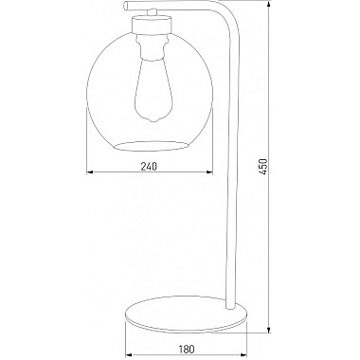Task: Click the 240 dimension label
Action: [x=149, y=166]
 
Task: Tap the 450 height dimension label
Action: [x=263, y=167]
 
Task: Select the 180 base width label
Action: [x=187, y=350]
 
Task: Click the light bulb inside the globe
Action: [x=153, y=89]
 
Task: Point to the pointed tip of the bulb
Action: [x=154, y=120]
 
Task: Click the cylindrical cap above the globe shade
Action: [x=152, y=25]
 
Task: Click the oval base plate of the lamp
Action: [x=187, y=314]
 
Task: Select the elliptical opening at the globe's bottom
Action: [x=152, y=146]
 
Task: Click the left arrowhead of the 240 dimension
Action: [x=90, y=172]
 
